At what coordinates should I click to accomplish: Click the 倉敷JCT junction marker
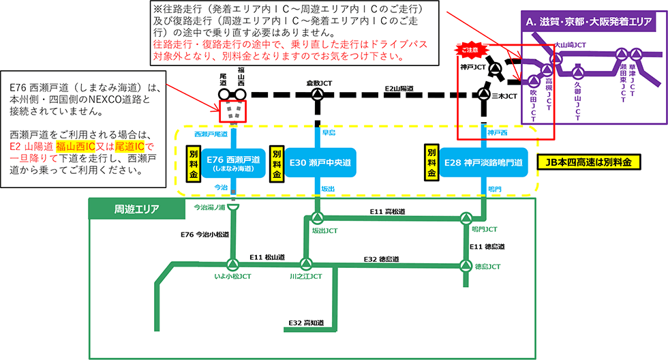[318, 95]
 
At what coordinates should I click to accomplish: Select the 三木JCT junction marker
[483, 95]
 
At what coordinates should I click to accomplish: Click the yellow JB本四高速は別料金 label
[589, 163]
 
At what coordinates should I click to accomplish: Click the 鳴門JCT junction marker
[466, 219]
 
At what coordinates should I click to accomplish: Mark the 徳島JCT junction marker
[466, 265]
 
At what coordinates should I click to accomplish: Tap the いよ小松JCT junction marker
[232, 265]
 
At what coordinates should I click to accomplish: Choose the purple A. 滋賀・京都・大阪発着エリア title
[592, 22]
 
